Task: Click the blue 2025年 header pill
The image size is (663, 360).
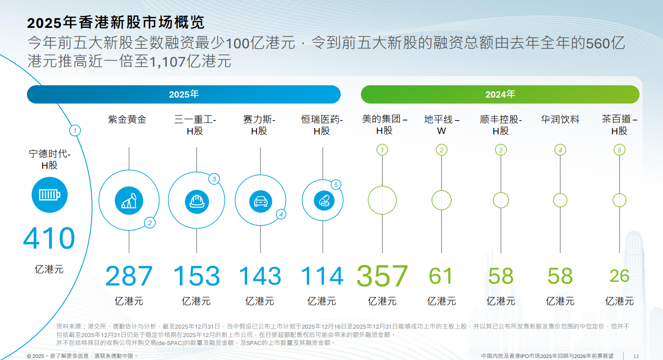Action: pos(184,95)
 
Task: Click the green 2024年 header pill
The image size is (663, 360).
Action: pos(500,95)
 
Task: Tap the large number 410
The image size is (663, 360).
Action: pos(49,239)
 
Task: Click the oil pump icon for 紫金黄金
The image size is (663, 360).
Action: pos(129,201)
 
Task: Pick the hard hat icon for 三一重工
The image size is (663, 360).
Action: pos(196,201)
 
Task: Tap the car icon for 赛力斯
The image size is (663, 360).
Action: pos(260,201)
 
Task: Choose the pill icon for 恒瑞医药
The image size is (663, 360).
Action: pos(322,200)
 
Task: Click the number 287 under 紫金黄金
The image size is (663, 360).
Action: pos(129,276)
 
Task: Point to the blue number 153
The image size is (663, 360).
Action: pos(196,276)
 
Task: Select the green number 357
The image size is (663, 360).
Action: pos(382,276)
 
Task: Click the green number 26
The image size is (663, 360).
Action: pos(619,276)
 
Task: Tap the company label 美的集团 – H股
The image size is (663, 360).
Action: pos(384,125)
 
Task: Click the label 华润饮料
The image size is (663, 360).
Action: pos(560,120)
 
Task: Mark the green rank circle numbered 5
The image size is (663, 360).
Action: pos(620,150)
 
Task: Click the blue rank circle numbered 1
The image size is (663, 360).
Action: pos(74,131)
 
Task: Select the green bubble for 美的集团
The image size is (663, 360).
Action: pos(382,200)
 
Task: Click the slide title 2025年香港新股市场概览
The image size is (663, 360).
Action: pos(116,23)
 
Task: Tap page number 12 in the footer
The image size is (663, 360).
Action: pos(636,356)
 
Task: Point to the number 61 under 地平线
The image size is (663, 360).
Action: pos(441,276)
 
